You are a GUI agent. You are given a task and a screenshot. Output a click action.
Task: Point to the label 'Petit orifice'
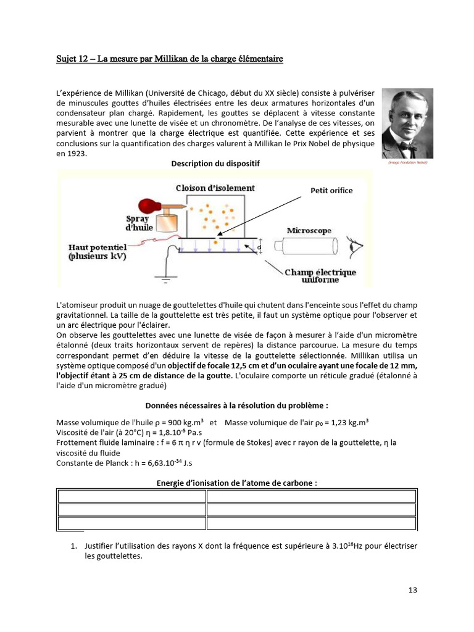[331, 191]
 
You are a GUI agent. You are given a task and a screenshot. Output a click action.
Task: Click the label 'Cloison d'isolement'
[215, 188]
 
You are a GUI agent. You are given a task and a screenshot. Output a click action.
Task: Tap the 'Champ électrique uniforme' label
[320, 276]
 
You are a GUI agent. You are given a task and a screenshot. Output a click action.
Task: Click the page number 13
[413, 590]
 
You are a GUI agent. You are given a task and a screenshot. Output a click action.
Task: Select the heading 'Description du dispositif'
[215, 164]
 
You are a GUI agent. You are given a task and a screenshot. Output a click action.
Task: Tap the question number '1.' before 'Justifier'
[74, 546]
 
